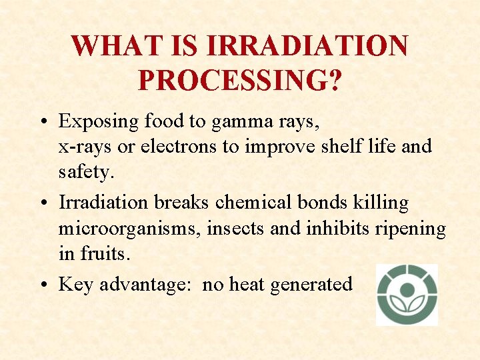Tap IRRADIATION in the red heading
coord(307,46)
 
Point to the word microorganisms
coord(129,228)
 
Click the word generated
coord(312,285)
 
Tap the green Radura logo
coord(407,294)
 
